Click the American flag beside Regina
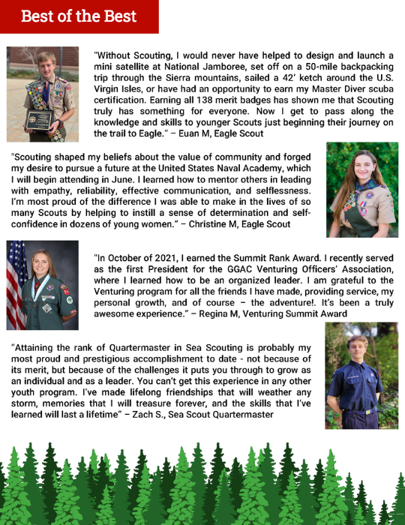[16, 285]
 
